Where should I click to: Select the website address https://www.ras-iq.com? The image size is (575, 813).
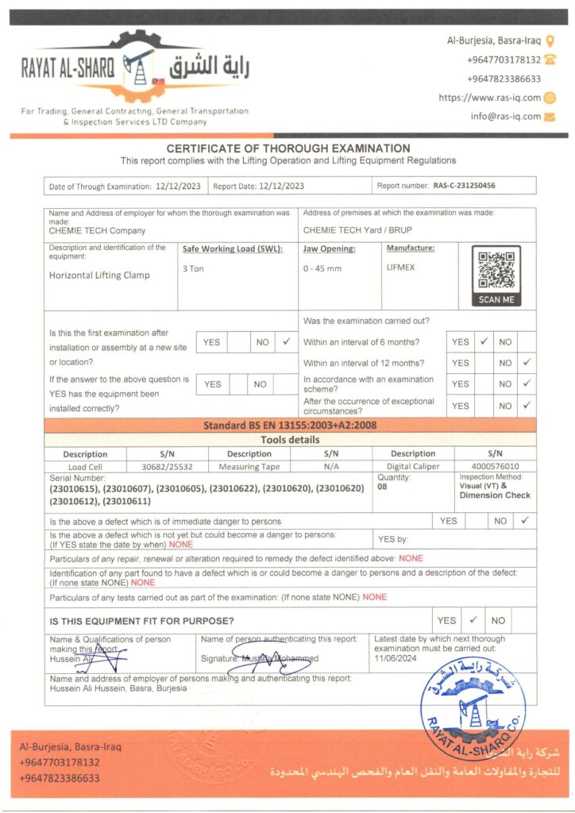coord(489,98)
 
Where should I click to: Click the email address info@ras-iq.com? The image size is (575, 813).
coord(505,116)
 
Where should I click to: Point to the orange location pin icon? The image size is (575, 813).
coord(550,40)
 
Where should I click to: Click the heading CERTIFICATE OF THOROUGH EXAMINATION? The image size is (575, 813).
coord(288,148)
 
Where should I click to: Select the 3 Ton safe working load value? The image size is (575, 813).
coord(193,268)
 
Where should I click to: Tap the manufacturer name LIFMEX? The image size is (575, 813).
coord(400,267)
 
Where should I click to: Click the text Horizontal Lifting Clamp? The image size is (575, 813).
coord(99,275)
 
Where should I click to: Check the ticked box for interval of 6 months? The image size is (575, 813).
coord(483,342)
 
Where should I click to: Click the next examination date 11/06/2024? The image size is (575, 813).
coord(396,658)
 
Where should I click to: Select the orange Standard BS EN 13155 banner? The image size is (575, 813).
coord(289,425)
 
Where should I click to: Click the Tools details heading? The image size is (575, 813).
coord(290,439)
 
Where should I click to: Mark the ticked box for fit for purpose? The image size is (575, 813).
coord(473,620)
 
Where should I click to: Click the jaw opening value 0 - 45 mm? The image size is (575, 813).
coord(322,268)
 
